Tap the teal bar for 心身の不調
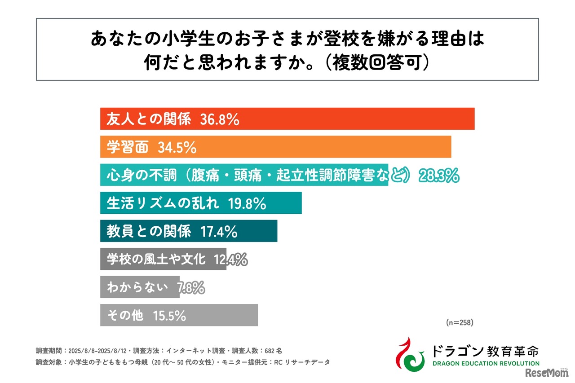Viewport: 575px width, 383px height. [244, 175]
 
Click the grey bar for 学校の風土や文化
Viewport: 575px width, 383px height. [163, 259]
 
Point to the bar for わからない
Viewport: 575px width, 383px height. [139, 287]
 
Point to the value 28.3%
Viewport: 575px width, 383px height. [439, 176]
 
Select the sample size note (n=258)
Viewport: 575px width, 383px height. [460, 322]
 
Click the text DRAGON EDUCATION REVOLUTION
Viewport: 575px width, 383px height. [485, 363]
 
